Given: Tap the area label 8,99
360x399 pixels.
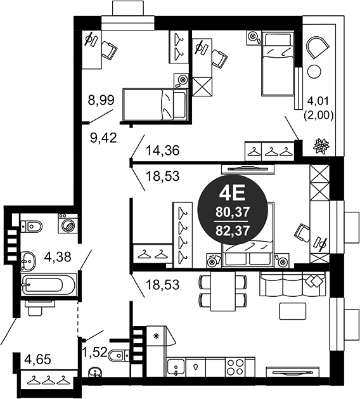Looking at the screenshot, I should pyautogui.click(x=101, y=99).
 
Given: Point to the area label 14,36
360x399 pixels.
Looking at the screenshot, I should pyautogui.click(x=162, y=151).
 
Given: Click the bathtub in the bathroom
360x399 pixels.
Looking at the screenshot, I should pyautogui.click(x=42, y=284).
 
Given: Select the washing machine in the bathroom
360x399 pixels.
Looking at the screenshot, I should pyautogui.click(x=67, y=224).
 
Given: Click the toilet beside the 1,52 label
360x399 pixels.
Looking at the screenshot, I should pyautogui.click(x=118, y=355).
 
